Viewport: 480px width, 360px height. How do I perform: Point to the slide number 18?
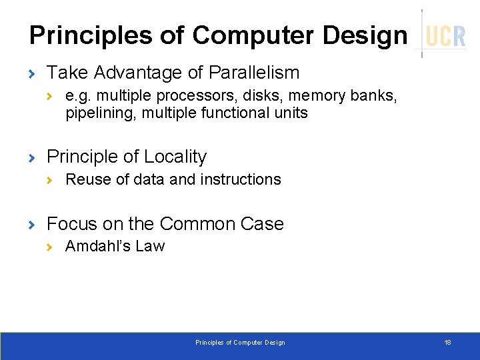[x=447, y=342]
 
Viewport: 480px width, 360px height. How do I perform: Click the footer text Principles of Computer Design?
[x=239, y=343]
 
